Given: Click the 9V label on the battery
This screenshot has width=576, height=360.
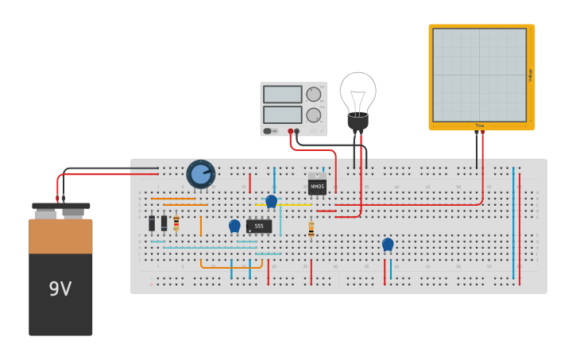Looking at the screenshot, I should pyautogui.click(x=60, y=288).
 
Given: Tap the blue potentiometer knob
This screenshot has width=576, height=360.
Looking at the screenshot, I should pyautogui.click(x=200, y=173).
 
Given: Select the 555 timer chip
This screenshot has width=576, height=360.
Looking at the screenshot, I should pyautogui.click(x=259, y=226).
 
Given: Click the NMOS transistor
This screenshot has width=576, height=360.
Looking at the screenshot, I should pyautogui.click(x=317, y=187).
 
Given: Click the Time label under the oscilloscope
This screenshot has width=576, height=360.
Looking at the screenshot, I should pyautogui.click(x=480, y=126).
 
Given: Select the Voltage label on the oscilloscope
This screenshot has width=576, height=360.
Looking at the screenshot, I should pyautogui.click(x=530, y=75).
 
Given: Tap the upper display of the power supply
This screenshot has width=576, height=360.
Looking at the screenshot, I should pyautogui.click(x=282, y=94).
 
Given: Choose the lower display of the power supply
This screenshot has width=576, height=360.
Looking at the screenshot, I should pyautogui.click(x=282, y=114).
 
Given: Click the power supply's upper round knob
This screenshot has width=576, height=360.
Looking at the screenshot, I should pyautogui.click(x=314, y=94).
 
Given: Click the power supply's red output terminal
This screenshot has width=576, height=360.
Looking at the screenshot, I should pyautogui.click(x=291, y=131).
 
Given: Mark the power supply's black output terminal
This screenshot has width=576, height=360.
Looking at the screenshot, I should pyautogui.click(x=298, y=131).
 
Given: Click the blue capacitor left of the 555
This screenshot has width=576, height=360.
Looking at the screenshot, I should pyautogui.click(x=234, y=226).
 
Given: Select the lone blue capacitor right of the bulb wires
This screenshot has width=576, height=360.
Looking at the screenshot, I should pyautogui.click(x=388, y=244).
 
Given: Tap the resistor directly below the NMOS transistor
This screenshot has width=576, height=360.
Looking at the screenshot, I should pyautogui.click(x=311, y=229).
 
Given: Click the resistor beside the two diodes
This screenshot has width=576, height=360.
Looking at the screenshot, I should pyautogui.click(x=176, y=223).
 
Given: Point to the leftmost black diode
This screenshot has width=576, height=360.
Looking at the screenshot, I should pyautogui.click(x=152, y=223).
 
